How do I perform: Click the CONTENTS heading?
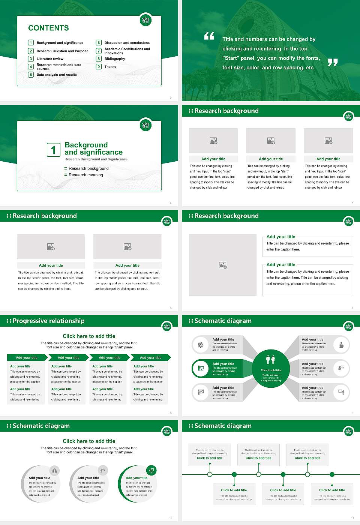(48, 28)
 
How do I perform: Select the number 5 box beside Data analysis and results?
(31, 75)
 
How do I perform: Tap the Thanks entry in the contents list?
(110, 67)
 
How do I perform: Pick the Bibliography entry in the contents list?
(115, 59)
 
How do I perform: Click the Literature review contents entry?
(50, 59)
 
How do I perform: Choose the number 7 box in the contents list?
(99, 51)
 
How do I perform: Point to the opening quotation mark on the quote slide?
(209, 36)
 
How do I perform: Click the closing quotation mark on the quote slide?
(333, 63)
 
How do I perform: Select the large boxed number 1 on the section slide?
(53, 150)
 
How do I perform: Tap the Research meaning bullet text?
(85, 175)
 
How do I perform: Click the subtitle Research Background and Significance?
(96, 159)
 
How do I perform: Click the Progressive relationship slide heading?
(48, 321)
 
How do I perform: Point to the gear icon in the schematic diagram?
(201, 345)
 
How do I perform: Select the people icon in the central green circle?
(270, 360)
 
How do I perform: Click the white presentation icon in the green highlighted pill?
(201, 368)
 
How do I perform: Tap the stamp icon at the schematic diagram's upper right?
(341, 345)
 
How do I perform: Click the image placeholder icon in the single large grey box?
(223, 265)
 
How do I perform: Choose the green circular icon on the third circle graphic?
(151, 470)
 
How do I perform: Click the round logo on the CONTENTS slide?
(145, 21)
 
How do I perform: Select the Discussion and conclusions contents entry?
(127, 43)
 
